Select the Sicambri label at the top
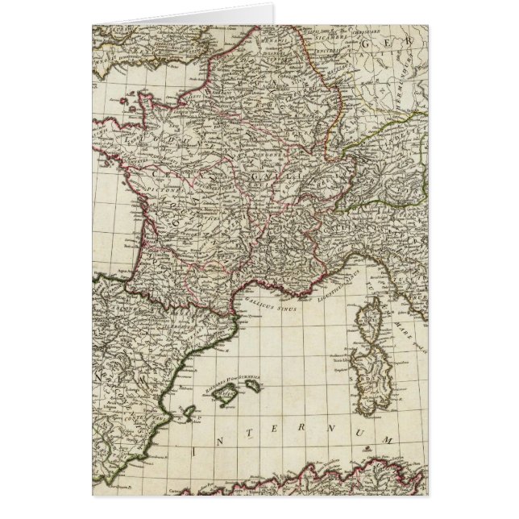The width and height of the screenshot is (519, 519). click(x=330, y=35)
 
